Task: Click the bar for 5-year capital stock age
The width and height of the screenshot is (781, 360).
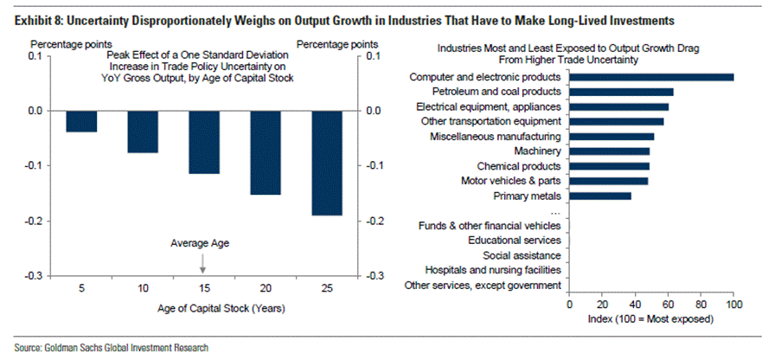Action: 81,121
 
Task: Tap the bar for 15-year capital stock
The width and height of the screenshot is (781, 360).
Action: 203,142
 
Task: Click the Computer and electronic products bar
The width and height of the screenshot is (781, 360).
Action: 651,77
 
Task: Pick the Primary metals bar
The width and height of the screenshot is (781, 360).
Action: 600,196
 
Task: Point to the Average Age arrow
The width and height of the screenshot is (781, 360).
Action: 203,262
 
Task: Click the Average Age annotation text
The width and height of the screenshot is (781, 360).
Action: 203,242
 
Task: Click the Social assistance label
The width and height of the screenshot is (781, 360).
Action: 523,255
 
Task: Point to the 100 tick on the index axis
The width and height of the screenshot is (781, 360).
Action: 733,305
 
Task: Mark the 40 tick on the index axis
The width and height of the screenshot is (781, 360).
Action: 635,305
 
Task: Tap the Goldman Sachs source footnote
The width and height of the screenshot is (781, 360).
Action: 112,348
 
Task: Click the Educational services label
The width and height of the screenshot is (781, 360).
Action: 515,240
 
